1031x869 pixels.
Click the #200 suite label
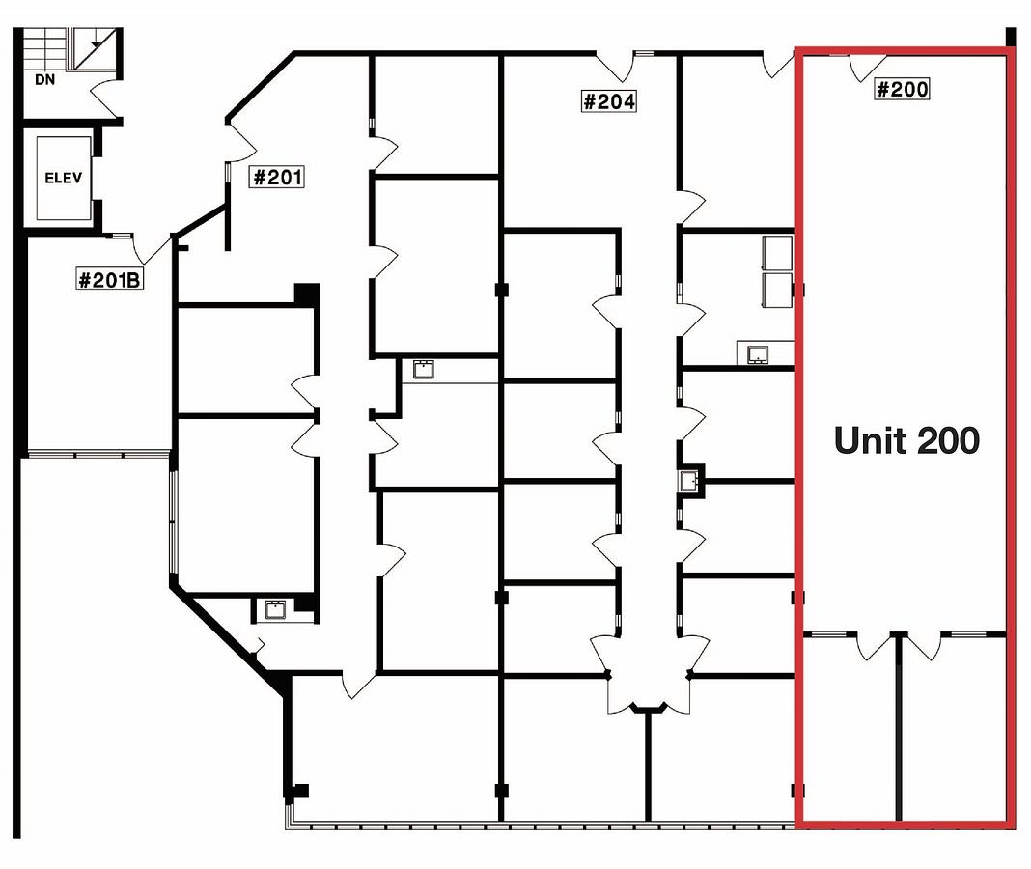[902, 89]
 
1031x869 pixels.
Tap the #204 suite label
[609, 101]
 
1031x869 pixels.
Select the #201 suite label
[277, 177]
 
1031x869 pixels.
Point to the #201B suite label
[109, 280]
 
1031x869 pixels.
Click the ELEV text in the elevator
[63, 178]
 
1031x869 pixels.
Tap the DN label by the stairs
[44, 79]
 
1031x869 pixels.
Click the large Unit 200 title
[906, 440]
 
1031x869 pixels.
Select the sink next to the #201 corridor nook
[423, 370]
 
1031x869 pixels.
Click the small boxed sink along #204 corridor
[689, 481]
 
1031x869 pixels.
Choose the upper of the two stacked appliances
[777, 253]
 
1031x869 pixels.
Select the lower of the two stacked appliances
[777, 290]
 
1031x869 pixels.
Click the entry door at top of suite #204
[615, 67]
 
